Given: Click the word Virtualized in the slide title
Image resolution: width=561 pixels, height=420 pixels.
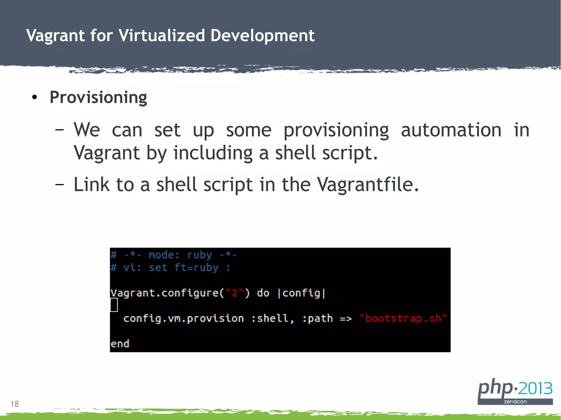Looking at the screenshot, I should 162,36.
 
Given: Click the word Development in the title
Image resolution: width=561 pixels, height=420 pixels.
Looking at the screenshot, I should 262,36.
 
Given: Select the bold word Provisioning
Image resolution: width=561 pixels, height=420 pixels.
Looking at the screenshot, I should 98,97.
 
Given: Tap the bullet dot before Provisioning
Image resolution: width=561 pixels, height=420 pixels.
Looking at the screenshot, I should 34,97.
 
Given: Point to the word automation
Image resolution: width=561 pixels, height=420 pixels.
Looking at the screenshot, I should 451,130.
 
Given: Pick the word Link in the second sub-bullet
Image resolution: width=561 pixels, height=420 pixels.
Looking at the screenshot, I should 91,184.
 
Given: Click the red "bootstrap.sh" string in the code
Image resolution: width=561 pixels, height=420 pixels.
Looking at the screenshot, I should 403,318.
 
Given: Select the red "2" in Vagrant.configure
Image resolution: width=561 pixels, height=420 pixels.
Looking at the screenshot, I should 234,293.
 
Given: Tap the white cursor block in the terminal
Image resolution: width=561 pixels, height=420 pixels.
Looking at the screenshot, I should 114,305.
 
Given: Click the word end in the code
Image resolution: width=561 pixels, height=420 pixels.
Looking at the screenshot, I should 120,344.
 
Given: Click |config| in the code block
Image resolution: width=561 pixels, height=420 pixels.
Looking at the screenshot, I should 301,293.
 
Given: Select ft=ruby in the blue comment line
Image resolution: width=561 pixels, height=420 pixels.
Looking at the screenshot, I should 196,268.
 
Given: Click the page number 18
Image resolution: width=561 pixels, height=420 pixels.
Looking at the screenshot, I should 15,404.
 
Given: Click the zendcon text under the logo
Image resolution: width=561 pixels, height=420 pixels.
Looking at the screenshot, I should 515,402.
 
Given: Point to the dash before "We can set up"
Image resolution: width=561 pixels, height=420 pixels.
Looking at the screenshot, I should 59,129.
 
